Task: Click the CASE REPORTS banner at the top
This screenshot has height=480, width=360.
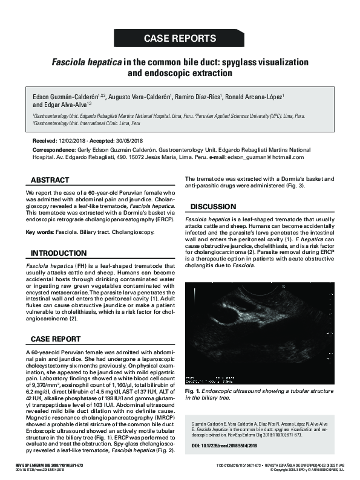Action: click(x=180, y=38)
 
